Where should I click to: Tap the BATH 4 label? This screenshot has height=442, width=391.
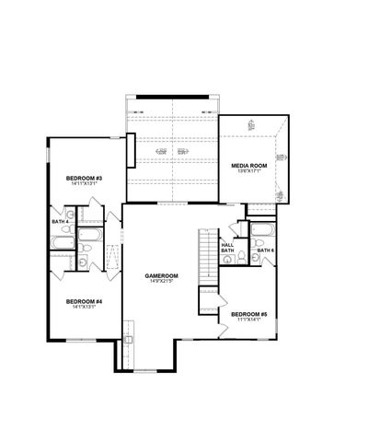pos(60,221)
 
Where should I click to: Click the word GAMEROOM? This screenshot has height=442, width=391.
pos(161,275)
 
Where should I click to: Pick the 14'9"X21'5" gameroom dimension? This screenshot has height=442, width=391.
pos(161,282)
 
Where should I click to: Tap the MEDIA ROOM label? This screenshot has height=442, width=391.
pos(247,164)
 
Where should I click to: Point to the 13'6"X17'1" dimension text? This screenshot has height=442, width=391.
pos(247,170)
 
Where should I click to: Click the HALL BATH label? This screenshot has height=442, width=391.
pos(227,248)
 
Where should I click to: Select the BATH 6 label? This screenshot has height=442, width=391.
pos(265,250)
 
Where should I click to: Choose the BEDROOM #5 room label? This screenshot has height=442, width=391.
pos(249,313)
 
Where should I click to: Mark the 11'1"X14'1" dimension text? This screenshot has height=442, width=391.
pos(249,320)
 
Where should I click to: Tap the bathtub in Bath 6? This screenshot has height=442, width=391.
pos(261,230)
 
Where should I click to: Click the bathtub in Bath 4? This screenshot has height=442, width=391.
pos(63,244)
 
